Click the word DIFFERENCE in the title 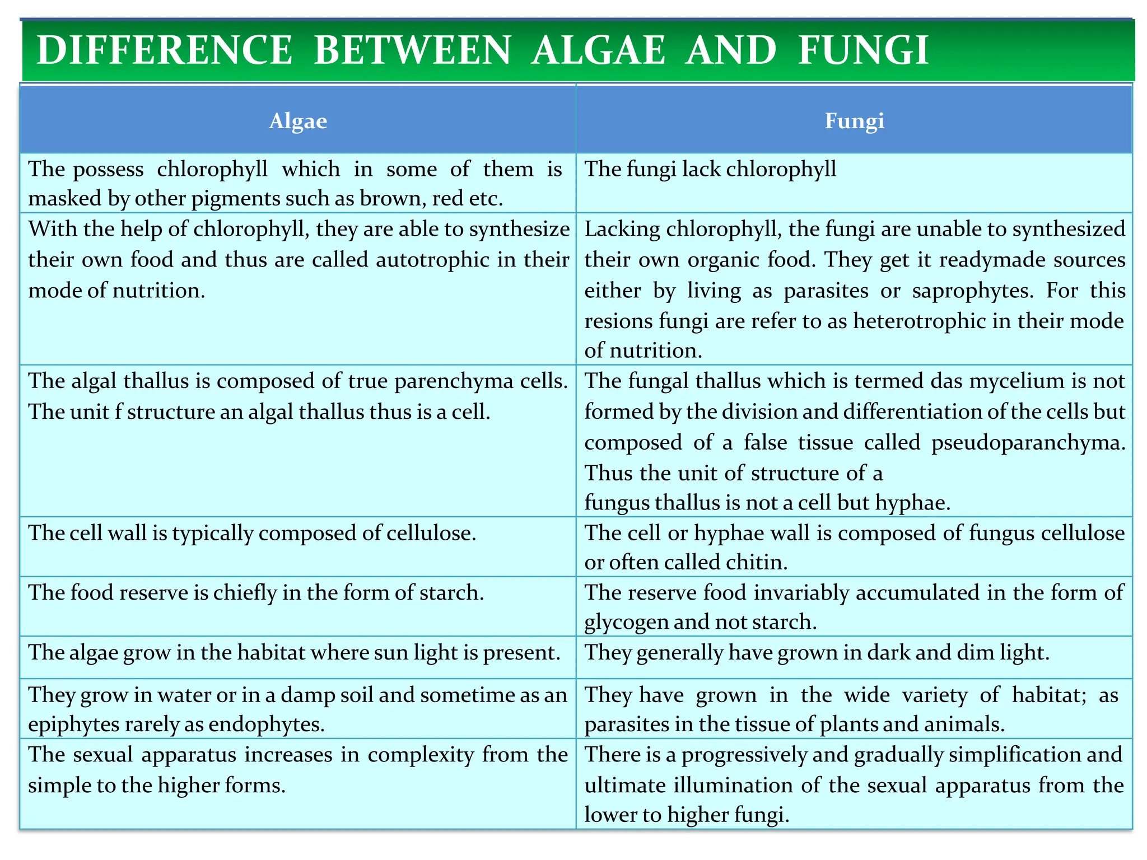[164, 50]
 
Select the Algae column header [297, 121]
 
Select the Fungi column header [854, 121]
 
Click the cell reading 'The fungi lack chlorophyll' [710, 169]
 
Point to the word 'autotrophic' [432, 260]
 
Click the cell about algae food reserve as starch [256, 592]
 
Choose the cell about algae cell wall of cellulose [252, 533]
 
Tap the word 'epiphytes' [73, 725]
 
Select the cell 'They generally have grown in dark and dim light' [817, 653]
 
